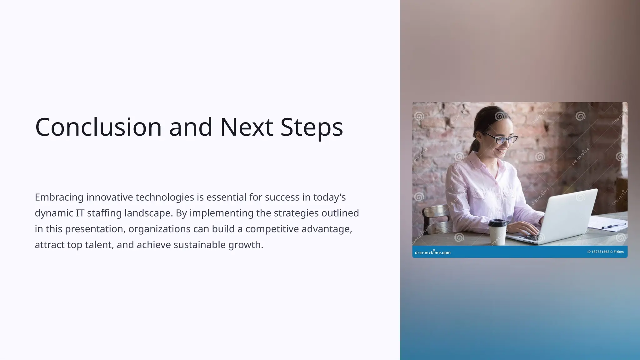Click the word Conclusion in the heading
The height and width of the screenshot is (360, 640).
click(x=98, y=127)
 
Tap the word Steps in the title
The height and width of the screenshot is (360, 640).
click(x=312, y=127)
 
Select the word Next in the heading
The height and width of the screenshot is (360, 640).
click(x=247, y=127)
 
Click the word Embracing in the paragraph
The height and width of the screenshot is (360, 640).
click(x=59, y=197)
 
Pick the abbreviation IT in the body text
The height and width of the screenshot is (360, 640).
click(x=80, y=213)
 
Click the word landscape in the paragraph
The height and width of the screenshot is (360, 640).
click(x=148, y=213)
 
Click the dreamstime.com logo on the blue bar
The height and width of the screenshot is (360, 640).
click(x=432, y=252)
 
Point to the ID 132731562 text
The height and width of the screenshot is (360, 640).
click(x=598, y=252)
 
